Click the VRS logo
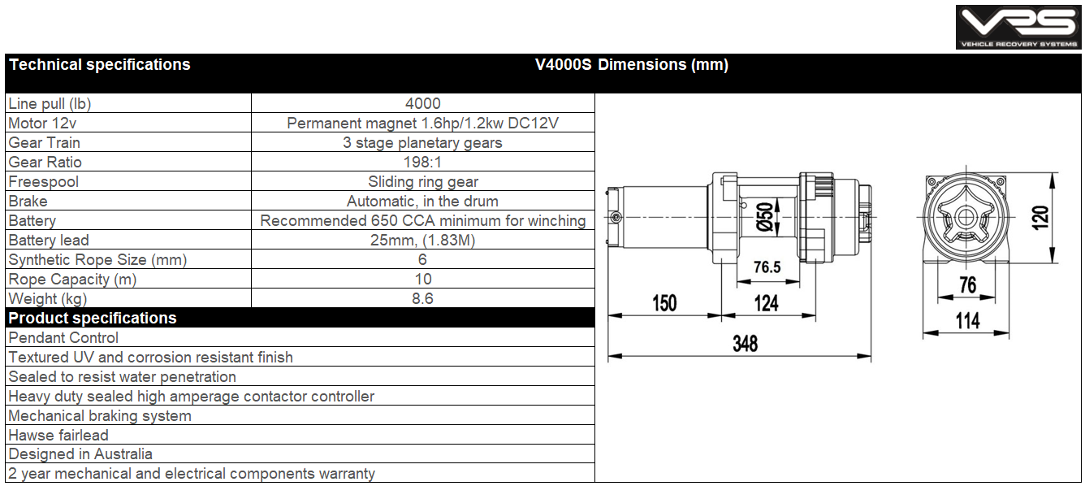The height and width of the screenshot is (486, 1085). point(1018,27)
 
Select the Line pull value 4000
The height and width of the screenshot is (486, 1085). point(423,103)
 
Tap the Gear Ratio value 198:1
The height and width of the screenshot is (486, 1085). point(423,162)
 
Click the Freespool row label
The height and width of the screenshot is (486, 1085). point(44,181)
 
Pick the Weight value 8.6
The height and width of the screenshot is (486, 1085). point(423,298)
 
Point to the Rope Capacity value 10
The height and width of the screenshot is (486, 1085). point(423,279)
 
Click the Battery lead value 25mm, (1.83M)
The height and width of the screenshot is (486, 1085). point(423,240)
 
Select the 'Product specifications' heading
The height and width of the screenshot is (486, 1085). point(93,318)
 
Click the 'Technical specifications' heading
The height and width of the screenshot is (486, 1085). point(100,65)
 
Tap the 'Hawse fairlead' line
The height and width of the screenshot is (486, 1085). point(58,435)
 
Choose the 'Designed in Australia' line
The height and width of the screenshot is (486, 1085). point(80,454)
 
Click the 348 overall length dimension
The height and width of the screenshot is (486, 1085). point(745,343)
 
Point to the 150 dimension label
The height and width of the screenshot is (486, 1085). point(664,303)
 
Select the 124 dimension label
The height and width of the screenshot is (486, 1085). point(766,303)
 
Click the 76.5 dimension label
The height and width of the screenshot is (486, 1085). point(767,267)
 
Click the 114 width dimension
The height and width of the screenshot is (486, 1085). point(967,320)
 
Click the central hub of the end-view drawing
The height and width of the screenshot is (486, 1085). point(966,218)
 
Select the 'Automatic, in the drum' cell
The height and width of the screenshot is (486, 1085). point(423,201)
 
